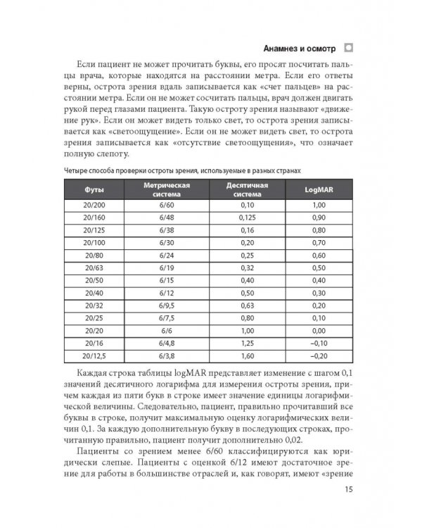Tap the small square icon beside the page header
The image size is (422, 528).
coord(348,49)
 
